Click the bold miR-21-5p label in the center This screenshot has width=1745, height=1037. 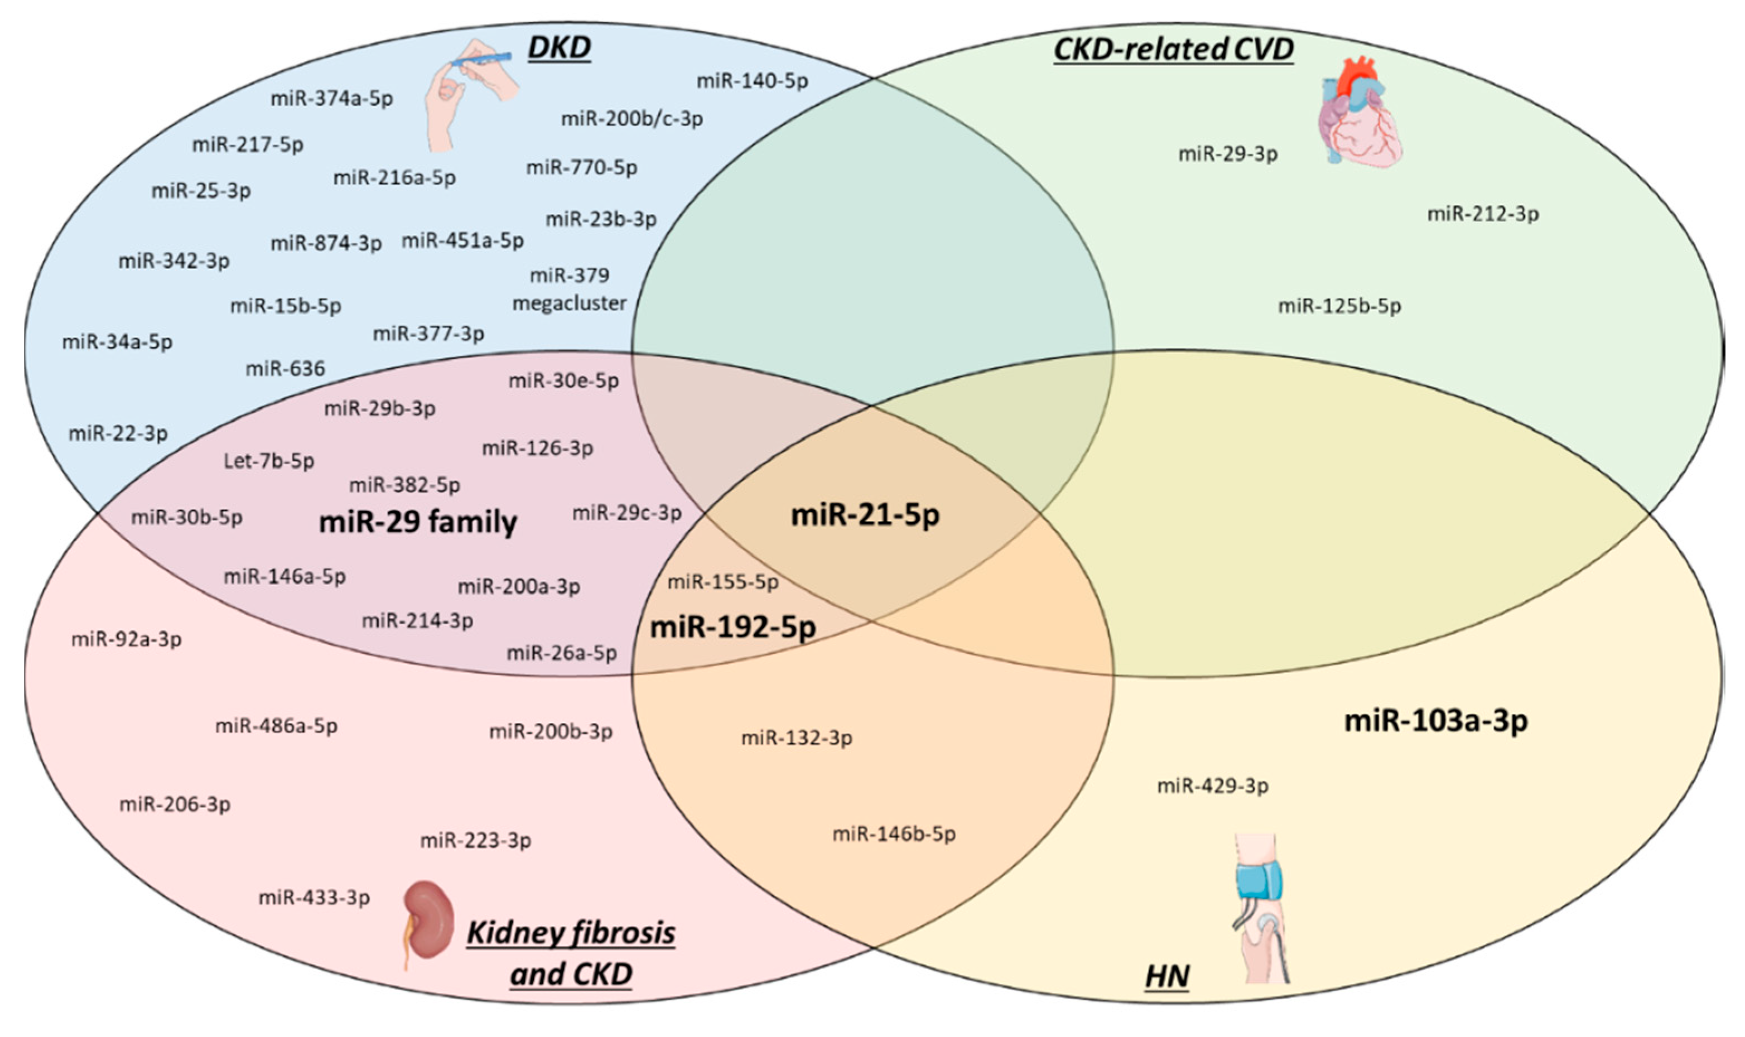(x=865, y=515)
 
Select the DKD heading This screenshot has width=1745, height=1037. (x=559, y=47)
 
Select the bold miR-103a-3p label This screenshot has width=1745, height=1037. (x=1435, y=721)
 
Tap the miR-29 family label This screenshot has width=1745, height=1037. (x=418, y=522)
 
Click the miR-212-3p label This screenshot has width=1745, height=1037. (x=1482, y=214)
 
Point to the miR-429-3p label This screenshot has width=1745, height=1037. (x=1212, y=786)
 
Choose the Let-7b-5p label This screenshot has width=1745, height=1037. (x=269, y=461)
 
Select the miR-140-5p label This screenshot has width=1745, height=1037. (x=752, y=81)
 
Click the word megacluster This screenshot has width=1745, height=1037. (x=570, y=304)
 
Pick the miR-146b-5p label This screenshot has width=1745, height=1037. (x=894, y=833)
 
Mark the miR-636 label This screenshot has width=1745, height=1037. (x=285, y=368)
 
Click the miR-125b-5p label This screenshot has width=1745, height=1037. (x=1339, y=306)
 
